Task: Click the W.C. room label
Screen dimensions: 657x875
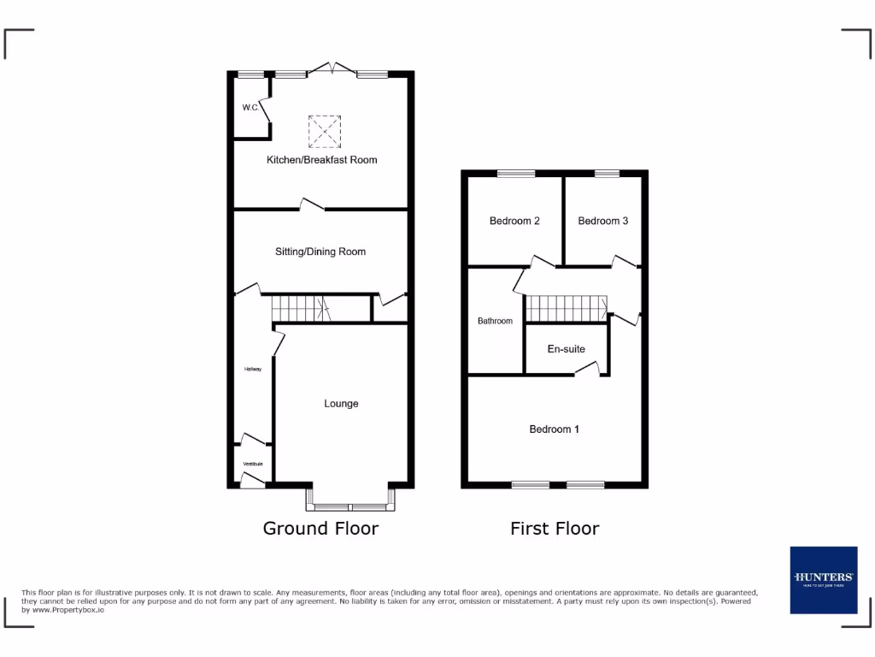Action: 250,108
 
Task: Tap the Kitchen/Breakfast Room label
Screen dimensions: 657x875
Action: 321,160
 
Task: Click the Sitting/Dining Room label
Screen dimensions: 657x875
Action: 320,252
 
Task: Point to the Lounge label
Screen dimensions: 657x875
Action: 341,404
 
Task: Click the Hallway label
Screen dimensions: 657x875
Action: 252,370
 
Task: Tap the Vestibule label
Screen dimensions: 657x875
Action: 253,464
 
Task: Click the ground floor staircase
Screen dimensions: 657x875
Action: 300,307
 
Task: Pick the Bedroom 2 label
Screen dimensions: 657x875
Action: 514,221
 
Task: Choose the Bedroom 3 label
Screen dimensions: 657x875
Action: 603,221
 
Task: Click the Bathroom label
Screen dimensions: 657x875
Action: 495,321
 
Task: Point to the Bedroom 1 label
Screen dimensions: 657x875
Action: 555,429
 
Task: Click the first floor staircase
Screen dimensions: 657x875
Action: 565,308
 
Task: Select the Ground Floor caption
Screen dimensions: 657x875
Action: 320,529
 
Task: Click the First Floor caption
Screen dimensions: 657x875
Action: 555,529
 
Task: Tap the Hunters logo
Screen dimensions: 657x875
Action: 823,579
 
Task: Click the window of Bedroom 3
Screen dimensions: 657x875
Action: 607,174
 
